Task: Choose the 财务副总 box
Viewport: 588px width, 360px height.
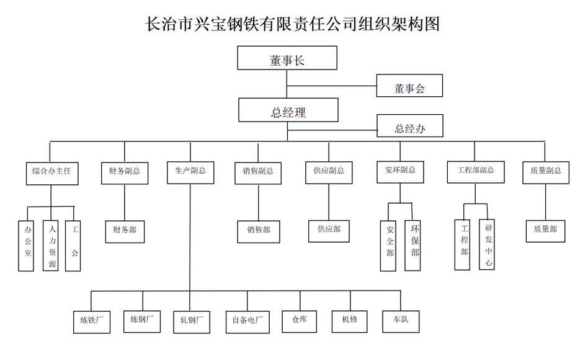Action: tap(125, 172)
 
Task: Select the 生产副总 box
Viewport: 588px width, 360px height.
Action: tap(190, 172)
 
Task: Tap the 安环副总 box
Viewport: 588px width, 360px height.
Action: tap(400, 171)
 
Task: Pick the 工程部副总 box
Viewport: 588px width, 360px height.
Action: tap(476, 171)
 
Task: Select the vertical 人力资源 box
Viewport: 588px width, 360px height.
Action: tap(51, 246)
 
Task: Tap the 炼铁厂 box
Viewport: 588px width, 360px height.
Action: tap(91, 321)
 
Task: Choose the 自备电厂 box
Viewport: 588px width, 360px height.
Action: tap(248, 321)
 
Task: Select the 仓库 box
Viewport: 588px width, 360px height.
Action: tap(299, 320)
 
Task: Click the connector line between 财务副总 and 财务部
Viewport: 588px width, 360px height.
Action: tap(125, 203)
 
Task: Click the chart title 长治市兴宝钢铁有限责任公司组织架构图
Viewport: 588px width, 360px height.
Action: tap(293, 24)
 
